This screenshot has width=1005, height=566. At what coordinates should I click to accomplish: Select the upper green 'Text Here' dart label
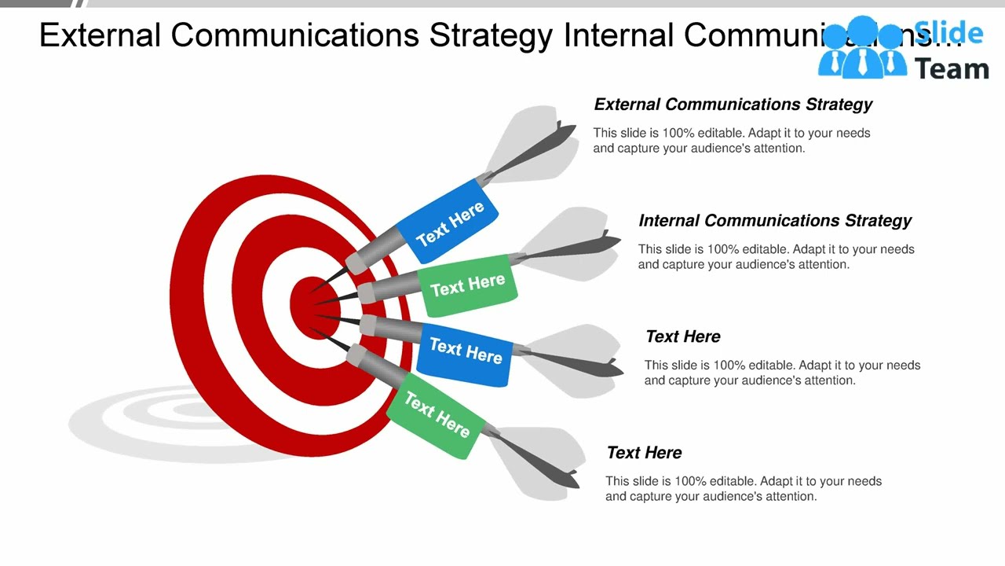(x=468, y=285)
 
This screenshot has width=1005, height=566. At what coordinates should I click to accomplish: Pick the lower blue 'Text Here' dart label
(x=466, y=351)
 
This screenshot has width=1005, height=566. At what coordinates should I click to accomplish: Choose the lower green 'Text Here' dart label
(x=437, y=415)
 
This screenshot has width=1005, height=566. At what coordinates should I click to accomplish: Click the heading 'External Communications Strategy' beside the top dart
(x=733, y=105)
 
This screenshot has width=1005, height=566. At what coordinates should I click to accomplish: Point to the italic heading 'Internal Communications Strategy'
(x=775, y=221)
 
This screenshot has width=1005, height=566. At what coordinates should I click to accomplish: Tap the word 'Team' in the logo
(x=952, y=69)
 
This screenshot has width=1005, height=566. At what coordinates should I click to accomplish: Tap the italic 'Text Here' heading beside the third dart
(x=682, y=336)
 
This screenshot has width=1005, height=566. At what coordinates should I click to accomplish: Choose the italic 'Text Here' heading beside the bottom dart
(x=644, y=453)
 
